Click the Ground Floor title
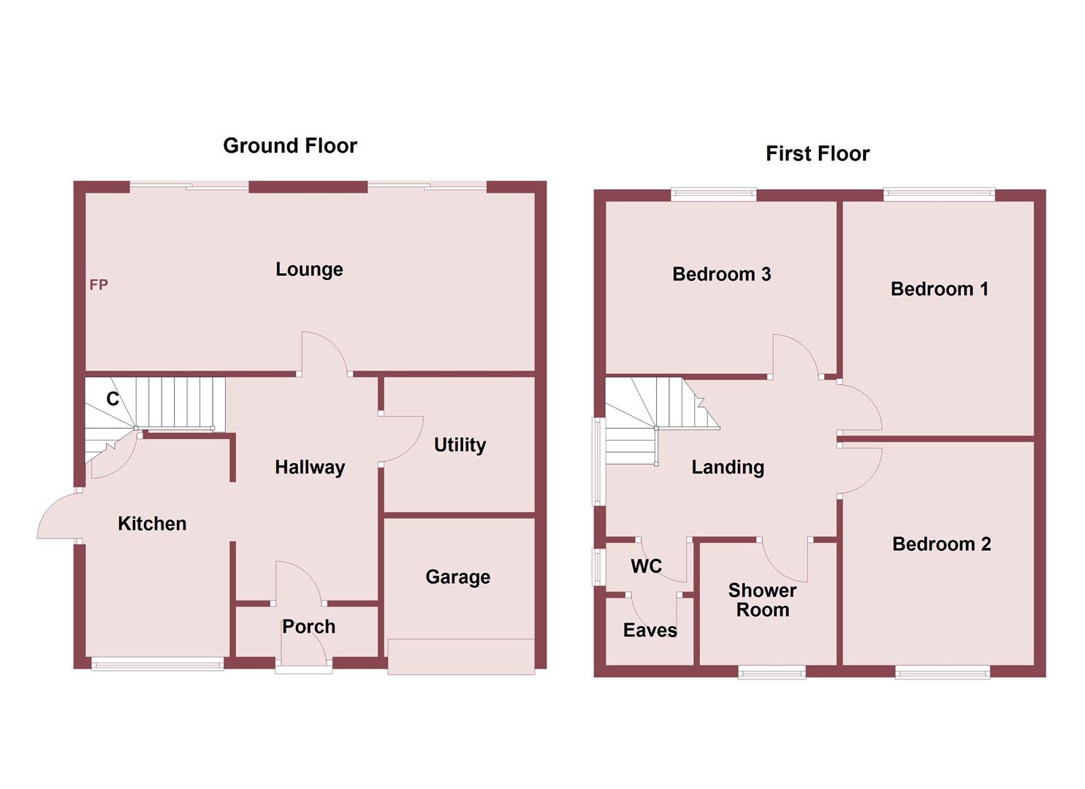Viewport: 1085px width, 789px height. tap(290, 146)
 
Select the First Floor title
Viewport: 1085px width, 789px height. tap(818, 154)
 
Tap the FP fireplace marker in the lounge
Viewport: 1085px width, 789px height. tap(99, 285)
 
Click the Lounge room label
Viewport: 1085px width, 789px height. tap(309, 270)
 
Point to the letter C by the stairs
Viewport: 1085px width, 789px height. tap(113, 399)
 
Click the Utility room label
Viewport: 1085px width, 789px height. tap(460, 445)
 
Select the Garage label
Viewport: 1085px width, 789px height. tap(457, 577)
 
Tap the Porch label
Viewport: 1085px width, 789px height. tap(308, 627)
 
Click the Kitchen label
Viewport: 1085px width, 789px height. tap(152, 524)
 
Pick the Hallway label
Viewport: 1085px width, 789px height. tap(310, 468)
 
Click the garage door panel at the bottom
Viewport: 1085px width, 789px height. tap(461, 656)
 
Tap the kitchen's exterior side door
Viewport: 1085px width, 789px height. tap(58, 516)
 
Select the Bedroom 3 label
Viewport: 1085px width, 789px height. tap(721, 275)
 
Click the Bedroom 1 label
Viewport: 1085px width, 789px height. tap(939, 289)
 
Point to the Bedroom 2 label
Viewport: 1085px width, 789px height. tap(941, 544)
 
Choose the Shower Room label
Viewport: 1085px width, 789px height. tap(762, 601)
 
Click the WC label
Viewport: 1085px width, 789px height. tap(646, 567)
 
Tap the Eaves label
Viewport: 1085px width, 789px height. tap(650, 630)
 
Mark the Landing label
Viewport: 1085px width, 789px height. tap(728, 468)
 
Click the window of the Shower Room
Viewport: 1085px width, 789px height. tap(772, 672)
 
